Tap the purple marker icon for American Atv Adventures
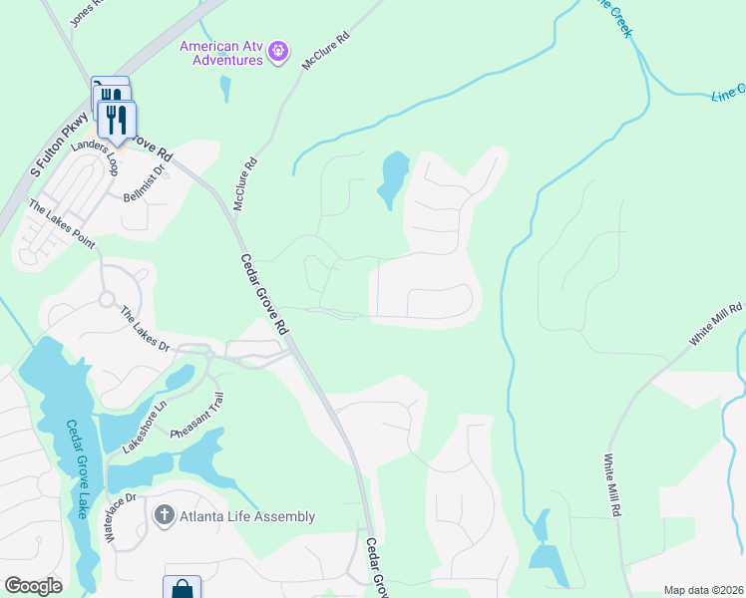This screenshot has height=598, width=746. tap(278, 49)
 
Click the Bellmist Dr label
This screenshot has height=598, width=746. tap(143, 181)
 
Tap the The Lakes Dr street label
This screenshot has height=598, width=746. tap(146, 328)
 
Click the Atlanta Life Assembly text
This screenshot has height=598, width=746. tap(246, 516)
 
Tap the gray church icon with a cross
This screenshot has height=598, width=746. tap(163, 515)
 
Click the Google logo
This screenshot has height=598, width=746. tap(33, 586)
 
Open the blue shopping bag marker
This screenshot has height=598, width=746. tap(183, 588)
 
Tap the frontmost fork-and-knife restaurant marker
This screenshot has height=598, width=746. tap(117, 122)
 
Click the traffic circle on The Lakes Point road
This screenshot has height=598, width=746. tap(107, 299)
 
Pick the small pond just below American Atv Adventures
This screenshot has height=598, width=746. tap(224, 89)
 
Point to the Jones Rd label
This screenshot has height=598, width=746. tap(87, 13)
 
